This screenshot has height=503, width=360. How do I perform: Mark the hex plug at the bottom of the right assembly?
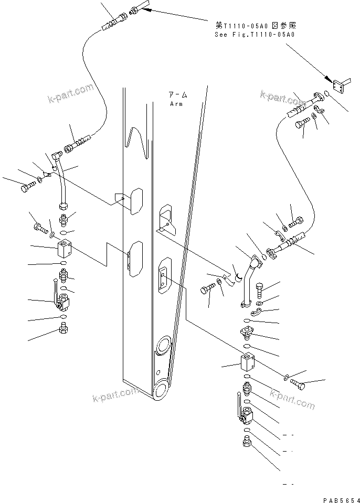click(x=246, y=444)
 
